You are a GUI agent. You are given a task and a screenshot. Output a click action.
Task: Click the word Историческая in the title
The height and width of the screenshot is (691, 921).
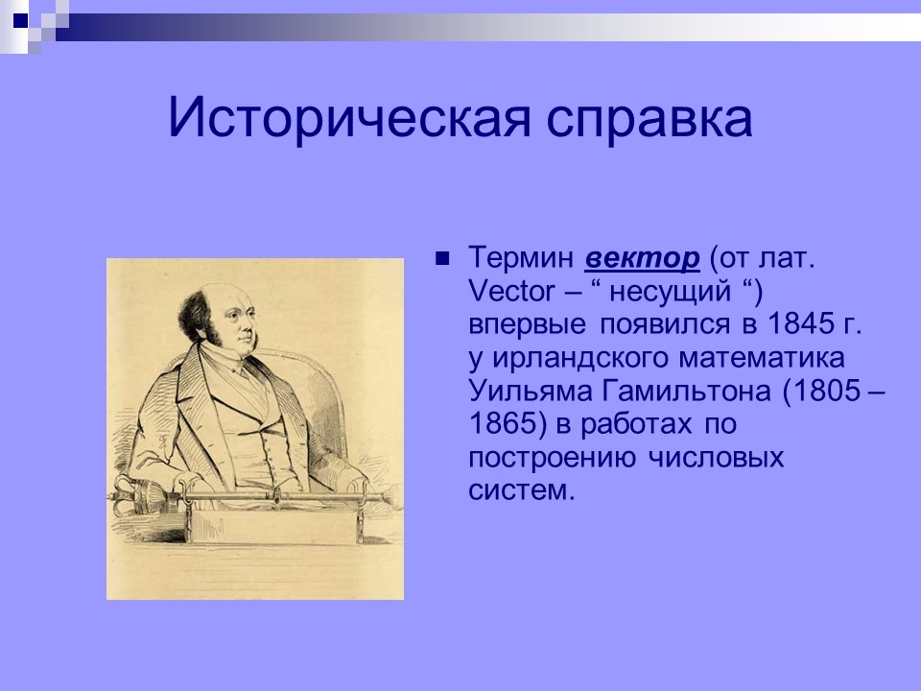coord(323,119)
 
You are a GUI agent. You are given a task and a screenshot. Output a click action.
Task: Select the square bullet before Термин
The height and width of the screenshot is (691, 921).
coord(443,259)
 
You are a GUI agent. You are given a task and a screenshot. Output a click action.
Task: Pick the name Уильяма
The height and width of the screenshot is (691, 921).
coord(526,392)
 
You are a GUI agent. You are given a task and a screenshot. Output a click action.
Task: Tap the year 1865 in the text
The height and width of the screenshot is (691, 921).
coord(500,424)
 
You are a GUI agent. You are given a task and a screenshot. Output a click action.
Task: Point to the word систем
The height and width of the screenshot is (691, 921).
coord(522,489)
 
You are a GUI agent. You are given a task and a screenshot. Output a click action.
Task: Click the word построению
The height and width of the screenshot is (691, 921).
coord(548,457)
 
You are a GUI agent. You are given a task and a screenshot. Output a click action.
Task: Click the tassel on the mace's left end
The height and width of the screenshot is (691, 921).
coord(144,495)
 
